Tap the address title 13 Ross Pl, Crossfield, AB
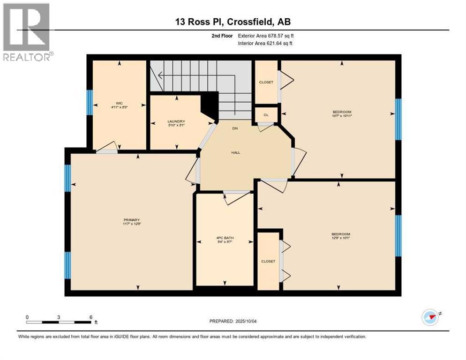[233, 22]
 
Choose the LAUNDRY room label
[177, 123]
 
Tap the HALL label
[236, 152]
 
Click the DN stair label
[236, 128]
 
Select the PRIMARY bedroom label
[132, 222]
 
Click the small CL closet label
[266, 114]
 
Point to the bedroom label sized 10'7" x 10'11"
[342, 113]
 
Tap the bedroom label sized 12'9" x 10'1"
[341, 236]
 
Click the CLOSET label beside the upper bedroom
[266, 82]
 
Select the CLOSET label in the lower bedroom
[269, 261]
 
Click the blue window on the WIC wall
[89, 102]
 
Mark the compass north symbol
[430, 317]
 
